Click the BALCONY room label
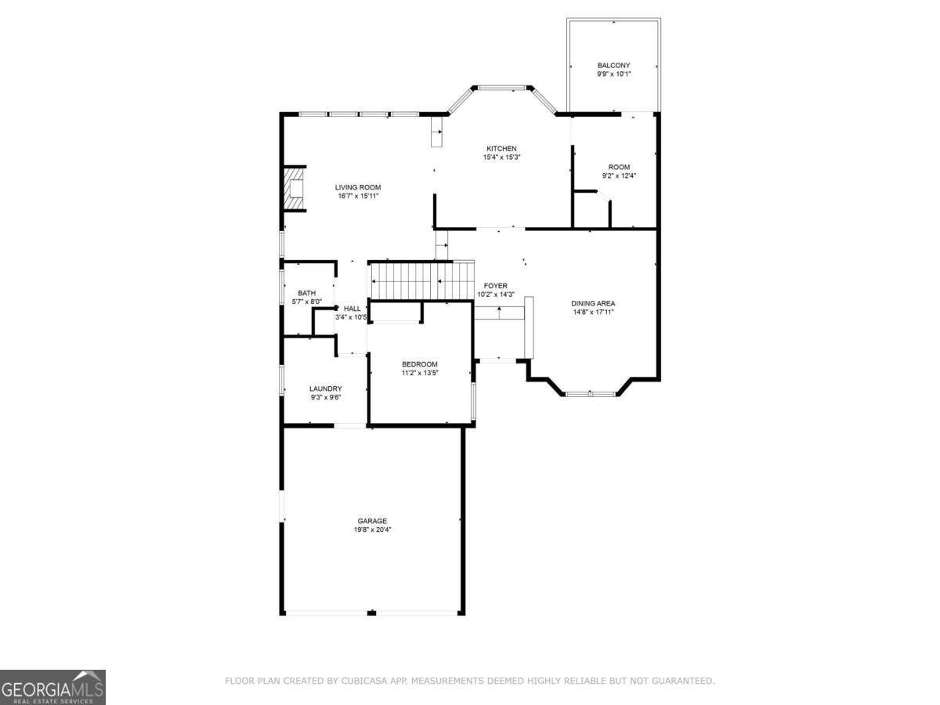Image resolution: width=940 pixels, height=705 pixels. [x=613, y=65]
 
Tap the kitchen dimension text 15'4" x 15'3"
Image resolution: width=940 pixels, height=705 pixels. [x=501, y=157]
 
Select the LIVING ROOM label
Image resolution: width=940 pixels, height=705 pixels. [x=358, y=187]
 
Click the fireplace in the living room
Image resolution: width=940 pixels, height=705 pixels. [x=294, y=189]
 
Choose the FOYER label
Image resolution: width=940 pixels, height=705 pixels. [x=495, y=286]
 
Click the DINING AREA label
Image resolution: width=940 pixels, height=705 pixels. [x=593, y=303]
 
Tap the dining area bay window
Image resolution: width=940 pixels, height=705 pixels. [x=591, y=393]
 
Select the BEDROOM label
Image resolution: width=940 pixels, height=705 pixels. [x=420, y=364]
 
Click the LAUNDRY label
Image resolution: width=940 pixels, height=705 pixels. [x=325, y=389]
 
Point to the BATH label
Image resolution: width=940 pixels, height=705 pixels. [x=306, y=293]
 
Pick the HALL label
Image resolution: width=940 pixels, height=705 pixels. [x=352, y=309]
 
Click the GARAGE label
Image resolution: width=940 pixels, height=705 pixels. [x=372, y=521]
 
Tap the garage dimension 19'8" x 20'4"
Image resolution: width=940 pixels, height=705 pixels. [x=372, y=530]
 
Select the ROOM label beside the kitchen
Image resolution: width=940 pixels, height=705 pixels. [x=619, y=167]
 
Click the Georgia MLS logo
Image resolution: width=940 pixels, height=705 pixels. [x=52, y=687]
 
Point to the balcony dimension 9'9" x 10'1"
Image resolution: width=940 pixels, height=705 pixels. [x=613, y=74]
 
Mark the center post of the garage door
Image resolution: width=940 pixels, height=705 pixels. [x=373, y=613]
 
